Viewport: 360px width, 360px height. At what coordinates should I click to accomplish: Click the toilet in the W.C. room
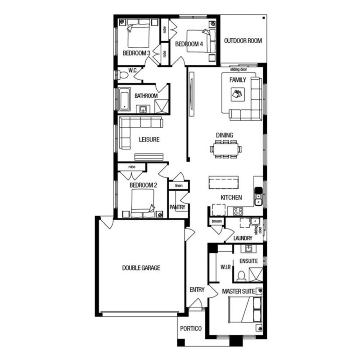122,75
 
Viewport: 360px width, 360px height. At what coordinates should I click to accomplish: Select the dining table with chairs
226,149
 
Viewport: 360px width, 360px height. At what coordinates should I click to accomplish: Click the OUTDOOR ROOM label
243,41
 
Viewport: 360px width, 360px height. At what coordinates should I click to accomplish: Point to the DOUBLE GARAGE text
141,268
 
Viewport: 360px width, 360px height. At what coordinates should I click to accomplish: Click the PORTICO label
191,329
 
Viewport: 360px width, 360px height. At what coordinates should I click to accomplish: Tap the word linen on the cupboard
179,185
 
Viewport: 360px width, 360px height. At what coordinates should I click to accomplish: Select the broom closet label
217,221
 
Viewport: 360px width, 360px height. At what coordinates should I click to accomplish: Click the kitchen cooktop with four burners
238,211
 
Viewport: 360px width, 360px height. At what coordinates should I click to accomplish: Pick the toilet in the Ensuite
241,276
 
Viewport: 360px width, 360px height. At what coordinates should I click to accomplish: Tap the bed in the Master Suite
245,310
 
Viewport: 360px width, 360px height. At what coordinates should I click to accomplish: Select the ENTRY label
197,290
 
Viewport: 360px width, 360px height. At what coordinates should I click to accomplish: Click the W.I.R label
225,267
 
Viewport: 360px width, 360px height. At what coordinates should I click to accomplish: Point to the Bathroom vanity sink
143,109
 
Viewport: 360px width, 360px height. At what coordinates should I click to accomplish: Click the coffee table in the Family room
238,94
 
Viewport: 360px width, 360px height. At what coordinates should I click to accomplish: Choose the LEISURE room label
149,139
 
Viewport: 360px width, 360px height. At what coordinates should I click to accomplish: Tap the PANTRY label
177,207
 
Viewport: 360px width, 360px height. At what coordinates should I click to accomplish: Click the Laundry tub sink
255,222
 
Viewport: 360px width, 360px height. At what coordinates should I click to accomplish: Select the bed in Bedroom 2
143,203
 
